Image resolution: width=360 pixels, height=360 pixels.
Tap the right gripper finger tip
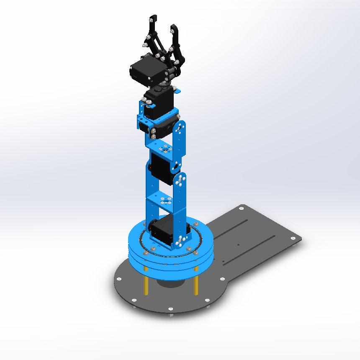173,28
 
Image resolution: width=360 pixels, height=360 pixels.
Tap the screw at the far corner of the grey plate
241,207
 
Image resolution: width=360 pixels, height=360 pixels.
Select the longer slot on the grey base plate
251,247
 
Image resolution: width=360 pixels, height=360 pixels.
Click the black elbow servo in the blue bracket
161,167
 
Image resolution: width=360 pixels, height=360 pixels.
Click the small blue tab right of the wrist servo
177,91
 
